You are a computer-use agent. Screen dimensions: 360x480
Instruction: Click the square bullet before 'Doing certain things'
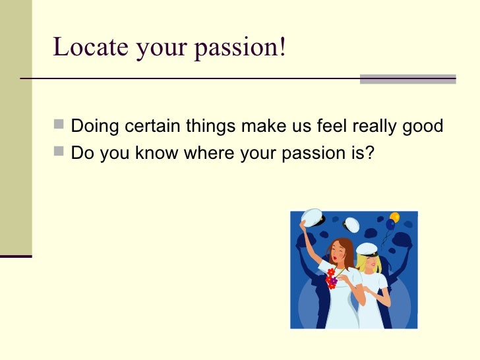pos(61,125)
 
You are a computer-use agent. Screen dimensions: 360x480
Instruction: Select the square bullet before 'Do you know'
pos(61,153)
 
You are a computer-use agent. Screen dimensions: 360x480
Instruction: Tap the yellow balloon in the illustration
pos(394,216)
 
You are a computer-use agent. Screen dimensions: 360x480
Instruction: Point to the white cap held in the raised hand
pos(312,218)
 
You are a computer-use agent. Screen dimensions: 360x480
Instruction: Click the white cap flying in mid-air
pos(352,224)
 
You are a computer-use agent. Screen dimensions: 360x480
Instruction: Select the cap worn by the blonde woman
pos(367,249)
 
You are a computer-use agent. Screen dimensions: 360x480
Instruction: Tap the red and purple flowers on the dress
pos(331,278)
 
